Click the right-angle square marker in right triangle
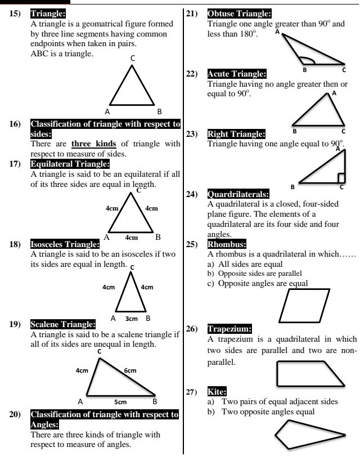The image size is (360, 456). [341, 178]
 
